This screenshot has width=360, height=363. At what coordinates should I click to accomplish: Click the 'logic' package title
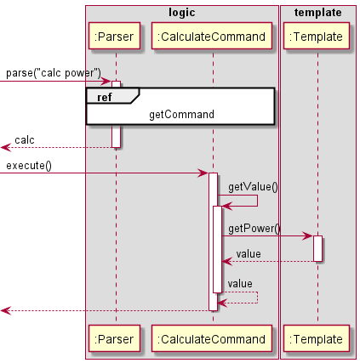click(181, 12)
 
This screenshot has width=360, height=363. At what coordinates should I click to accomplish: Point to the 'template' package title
click(317, 12)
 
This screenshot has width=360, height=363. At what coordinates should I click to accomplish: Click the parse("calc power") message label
click(54, 73)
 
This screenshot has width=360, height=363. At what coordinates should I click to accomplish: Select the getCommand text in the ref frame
click(181, 113)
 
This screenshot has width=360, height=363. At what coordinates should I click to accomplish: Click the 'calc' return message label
click(25, 139)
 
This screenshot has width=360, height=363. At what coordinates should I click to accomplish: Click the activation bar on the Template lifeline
click(317, 248)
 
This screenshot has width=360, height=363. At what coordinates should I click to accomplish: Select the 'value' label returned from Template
click(249, 253)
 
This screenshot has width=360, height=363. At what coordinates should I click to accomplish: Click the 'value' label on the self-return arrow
click(240, 283)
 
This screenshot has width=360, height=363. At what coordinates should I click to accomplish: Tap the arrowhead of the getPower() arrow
click(308, 235)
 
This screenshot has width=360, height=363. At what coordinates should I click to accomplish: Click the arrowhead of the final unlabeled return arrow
click(5, 310)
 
